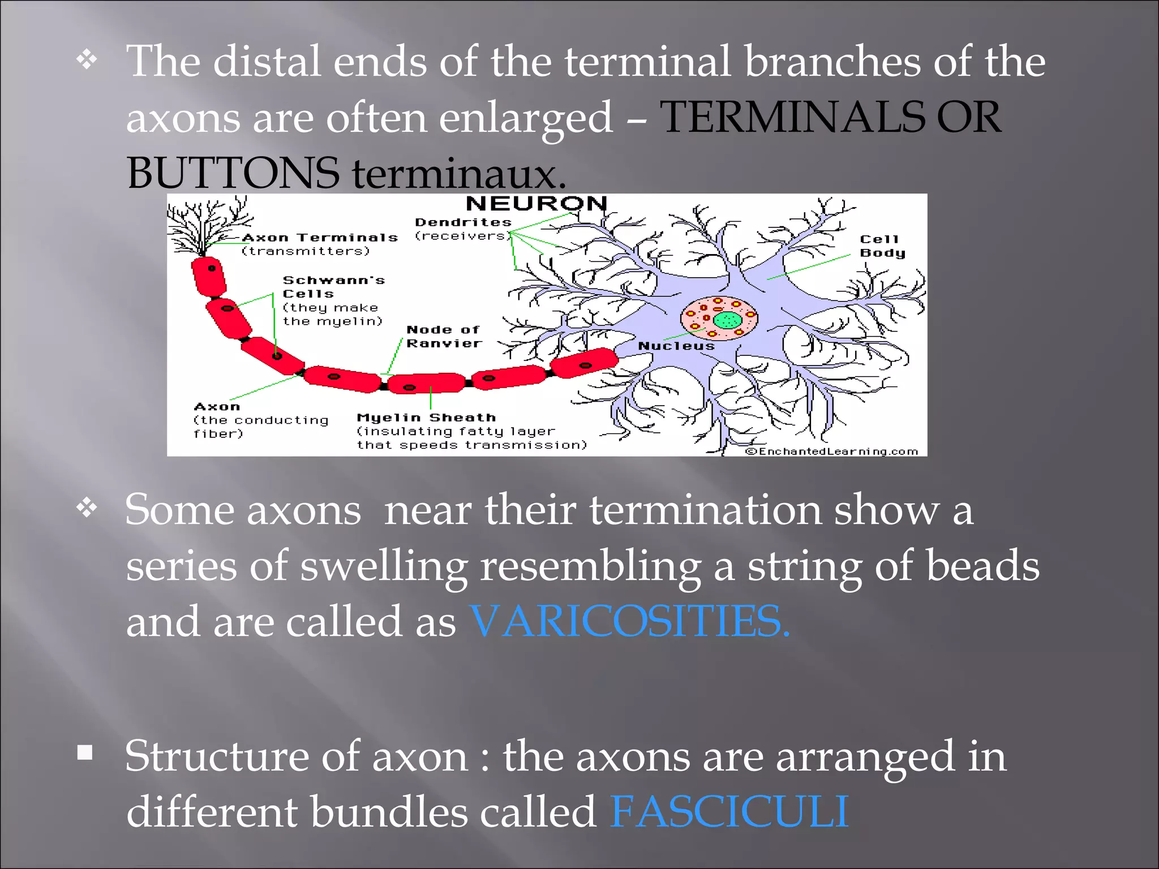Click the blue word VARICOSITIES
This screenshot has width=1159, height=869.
tap(629, 622)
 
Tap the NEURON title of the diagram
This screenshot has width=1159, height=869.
tap(536, 204)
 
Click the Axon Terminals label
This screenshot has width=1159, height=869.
tap(320, 238)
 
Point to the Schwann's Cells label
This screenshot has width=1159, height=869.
tap(333, 287)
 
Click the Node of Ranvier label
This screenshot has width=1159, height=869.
tap(444, 337)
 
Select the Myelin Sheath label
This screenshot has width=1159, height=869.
tap(426, 418)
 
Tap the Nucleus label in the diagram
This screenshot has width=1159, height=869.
tap(676, 346)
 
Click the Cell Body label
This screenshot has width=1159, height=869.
tap(882, 246)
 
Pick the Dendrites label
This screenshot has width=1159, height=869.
tap(463, 223)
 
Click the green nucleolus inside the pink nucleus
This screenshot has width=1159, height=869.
tap(727, 321)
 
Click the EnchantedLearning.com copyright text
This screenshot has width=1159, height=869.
tap(831, 451)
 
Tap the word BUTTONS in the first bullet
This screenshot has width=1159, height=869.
tap(233, 173)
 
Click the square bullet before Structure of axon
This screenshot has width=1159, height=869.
tap(85, 752)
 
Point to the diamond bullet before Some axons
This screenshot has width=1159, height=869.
tap(87, 507)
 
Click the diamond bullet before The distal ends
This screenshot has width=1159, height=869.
tap(87, 59)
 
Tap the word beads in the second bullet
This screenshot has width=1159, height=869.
tap(982, 566)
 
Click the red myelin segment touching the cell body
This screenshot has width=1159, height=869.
tap(584, 363)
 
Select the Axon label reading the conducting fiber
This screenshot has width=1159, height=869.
tap(217, 407)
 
